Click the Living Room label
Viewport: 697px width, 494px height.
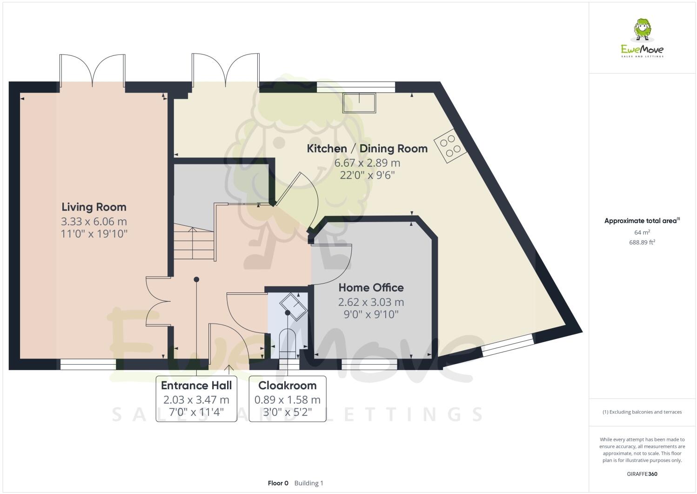tap(94, 207)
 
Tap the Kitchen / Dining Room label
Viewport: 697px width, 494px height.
tap(367, 149)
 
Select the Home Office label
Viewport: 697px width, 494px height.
tap(371, 287)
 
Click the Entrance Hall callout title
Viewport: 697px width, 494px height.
tap(196, 386)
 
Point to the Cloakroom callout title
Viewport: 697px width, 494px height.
tap(287, 386)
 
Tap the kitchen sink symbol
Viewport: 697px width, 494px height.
tap(359, 103)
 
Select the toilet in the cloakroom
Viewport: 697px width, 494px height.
tap(287, 341)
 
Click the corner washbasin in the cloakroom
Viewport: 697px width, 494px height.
tap(293, 306)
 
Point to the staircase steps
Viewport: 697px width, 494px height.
tap(194, 242)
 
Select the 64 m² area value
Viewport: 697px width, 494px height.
tap(642, 232)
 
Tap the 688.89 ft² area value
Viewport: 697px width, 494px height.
tap(642, 242)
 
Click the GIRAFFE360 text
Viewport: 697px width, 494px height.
tap(642, 474)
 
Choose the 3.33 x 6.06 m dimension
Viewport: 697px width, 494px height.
tap(94, 222)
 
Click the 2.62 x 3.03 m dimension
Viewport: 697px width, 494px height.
tap(371, 302)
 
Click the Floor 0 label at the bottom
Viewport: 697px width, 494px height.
tap(278, 483)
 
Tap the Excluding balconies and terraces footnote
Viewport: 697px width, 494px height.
tap(642, 412)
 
